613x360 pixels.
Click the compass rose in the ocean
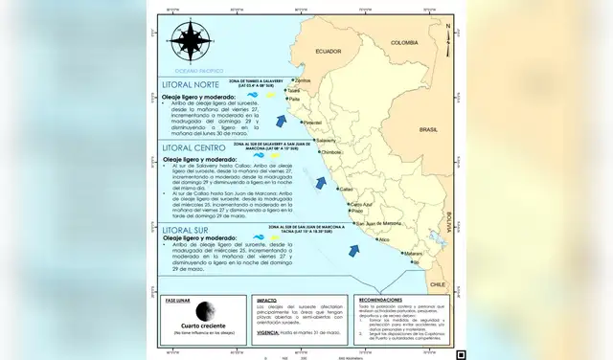point(187,41)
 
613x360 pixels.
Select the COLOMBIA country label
point(405,42)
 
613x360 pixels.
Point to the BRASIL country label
point(428,128)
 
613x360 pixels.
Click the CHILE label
point(439,284)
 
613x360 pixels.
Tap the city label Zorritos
point(304,80)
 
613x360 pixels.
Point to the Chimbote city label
point(331,152)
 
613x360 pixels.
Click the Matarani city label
point(412,253)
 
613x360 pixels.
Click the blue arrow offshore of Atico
point(355,250)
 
